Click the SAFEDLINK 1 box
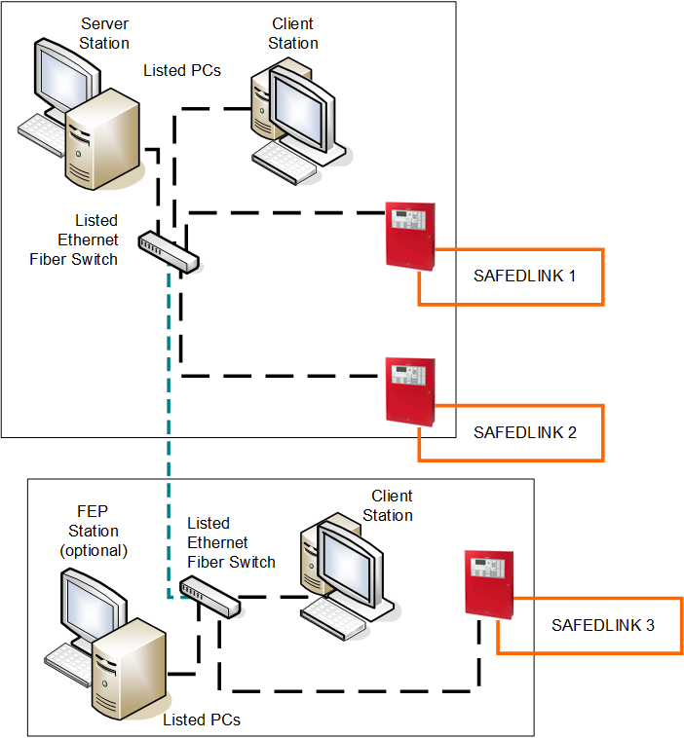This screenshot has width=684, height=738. click(x=524, y=277)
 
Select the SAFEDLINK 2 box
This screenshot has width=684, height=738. click(x=524, y=432)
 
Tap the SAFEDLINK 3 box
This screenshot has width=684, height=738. click(x=602, y=625)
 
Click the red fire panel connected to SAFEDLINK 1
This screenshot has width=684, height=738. click(x=410, y=237)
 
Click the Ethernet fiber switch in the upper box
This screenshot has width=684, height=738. click(x=169, y=250)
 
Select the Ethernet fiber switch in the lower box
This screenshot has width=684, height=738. click(x=210, y=596)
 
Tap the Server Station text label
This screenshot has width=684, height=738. click(x=104, y=33)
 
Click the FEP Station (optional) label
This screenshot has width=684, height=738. click(x=94, y=532)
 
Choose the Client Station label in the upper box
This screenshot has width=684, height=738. click(x=293, y=33)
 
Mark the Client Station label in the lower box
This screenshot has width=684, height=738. click(x=388, y=505)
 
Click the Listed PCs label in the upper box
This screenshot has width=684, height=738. click(x=182, y=70)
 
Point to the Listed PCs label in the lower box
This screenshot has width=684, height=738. click(x=202, y=720)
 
